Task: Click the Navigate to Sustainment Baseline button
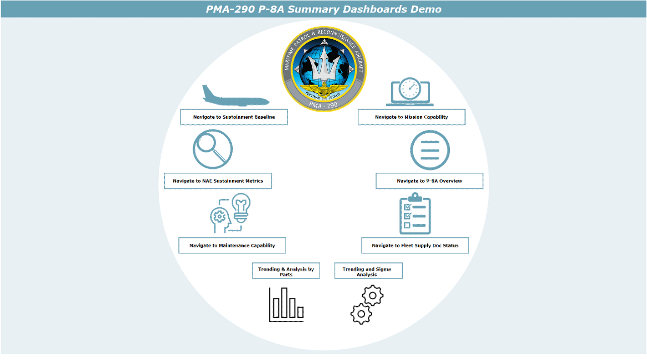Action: click(x=234, y=117)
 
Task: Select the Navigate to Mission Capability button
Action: click(x=412, y=117)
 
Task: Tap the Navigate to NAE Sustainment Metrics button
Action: click(x=218, y=181)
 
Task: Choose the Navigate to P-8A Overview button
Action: click(x=429, y=181)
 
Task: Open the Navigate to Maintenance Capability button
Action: click(x=232, y=245)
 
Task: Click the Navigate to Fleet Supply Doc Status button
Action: click(x=415, y=245)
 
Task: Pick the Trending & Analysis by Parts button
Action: click(x=286, y=271)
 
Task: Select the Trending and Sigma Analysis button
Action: click(x=368, y=271)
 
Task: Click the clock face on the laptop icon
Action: click(x=410, y=88)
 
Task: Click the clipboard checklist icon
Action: click(x=415, y=214)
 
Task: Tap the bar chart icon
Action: click(x=286, y=305)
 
